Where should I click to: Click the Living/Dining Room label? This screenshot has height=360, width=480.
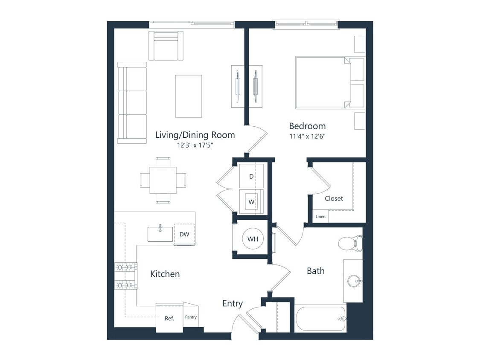(195, 135)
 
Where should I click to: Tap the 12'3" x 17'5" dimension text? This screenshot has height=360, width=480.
(195, 145)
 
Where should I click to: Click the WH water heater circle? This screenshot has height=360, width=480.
(253, 239)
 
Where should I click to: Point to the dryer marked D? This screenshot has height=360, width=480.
(252, 176)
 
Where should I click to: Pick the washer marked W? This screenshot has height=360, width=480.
(252, 201)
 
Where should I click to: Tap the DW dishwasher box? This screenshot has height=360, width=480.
(184, 234)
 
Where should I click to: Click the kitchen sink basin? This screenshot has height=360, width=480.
(160, 234)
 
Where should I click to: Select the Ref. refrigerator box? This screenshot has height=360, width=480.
(169, 318)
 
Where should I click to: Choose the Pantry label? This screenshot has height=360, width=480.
(191, 317)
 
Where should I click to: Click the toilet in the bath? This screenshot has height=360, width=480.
(350, 244)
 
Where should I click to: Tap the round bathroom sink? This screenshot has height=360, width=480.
(354, 281)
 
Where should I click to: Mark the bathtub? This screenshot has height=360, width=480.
(320, 318)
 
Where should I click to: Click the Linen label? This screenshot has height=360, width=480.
(320, 217)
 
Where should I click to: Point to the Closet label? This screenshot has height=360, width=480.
(334, 198)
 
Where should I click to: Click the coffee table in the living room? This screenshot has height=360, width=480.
(188, 96)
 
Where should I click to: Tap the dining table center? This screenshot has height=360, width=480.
(163, 180)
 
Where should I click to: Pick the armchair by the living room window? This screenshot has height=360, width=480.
(166, 46)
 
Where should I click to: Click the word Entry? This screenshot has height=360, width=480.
(233, 304)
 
